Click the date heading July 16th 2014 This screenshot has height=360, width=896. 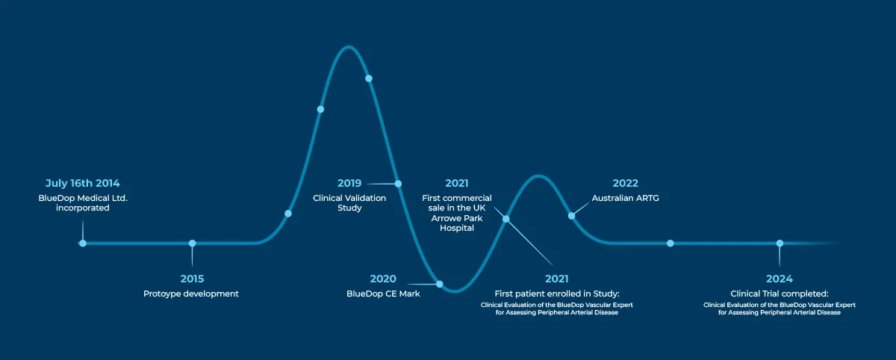click(82, 183)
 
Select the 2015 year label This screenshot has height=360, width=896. click(192, 279)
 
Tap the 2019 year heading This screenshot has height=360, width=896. click(349, 183)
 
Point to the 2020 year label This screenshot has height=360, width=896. click(383, 279)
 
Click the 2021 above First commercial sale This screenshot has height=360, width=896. click(457, 183)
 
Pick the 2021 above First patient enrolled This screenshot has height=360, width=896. click(556, 279)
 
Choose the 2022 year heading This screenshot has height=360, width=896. click(625, 183)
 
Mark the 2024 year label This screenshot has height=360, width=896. click(780, 279)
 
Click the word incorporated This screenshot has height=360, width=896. click(82, 208)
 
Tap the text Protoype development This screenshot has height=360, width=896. click(191, 294)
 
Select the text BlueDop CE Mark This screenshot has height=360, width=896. click(383, 294)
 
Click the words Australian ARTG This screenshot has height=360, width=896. click(625, 198)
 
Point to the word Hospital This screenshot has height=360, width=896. click(457, 228)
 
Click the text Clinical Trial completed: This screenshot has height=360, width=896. click(780, 294)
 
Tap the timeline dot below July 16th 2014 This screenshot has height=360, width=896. click(83, 243)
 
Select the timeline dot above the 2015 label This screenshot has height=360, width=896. click(193, 243)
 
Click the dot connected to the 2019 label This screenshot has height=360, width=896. click(398, 184)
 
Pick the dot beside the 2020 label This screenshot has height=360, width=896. click(440, 284)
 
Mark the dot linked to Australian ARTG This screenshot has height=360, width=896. click(572, 216)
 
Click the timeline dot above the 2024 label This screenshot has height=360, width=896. click(780, 243)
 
